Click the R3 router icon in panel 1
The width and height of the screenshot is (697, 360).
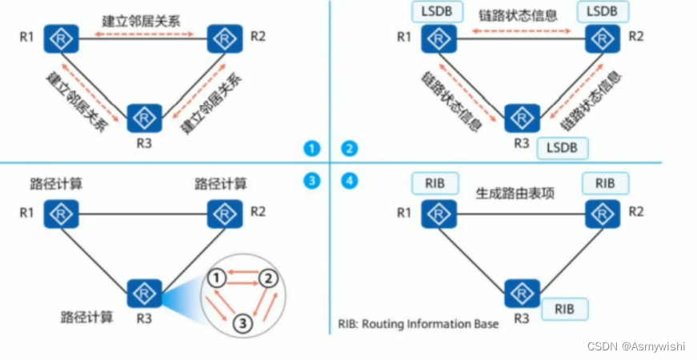tap(144, 118)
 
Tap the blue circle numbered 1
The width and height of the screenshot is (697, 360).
tap(311, 148)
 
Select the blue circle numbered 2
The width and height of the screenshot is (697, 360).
tap(350, 148)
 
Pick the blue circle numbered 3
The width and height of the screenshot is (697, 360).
tap(311, 181)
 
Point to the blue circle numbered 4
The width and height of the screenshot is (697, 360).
tap(350, 181)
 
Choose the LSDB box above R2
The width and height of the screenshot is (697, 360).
tap(602, 11)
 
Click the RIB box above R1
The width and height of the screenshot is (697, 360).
tap(435, 182)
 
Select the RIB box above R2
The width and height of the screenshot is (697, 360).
tap(606, 182)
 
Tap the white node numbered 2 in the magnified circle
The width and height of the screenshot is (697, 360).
tap(270, 278)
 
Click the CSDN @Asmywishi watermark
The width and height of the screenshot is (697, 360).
tap(636, 346)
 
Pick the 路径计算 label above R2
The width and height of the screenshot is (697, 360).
tap(221, 183)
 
